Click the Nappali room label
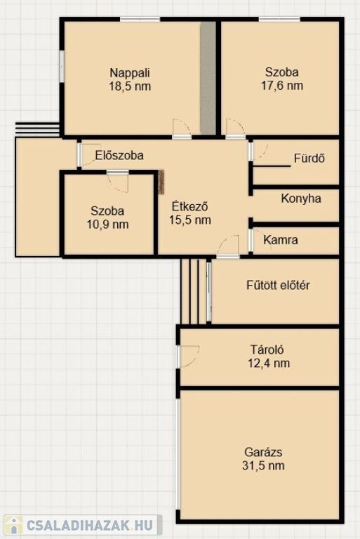click(x=130, y=73)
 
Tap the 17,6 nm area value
click(x=282, y=85)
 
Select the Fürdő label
click(x=309, y=158)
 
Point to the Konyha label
click(x=301, y=199)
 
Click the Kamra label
click(x=281, y=239)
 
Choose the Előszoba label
click(x=119, y=155)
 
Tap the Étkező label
click(x=189, y=206)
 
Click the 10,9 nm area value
click(x=107, y=225)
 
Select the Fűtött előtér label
click(x=278, y=285)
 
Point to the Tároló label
click(x=267, y=350)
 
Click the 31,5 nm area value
click(x=263, y=465)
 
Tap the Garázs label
click(x=263, y=452)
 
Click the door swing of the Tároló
click(x=189, y=356)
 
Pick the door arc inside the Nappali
click(x=182, y=127)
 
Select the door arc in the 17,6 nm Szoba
click(x=236, y=127)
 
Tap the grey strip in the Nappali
click(x=208, y=79)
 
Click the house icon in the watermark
click(x=13, y=525)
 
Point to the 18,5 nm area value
click(x=130, y=86)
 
